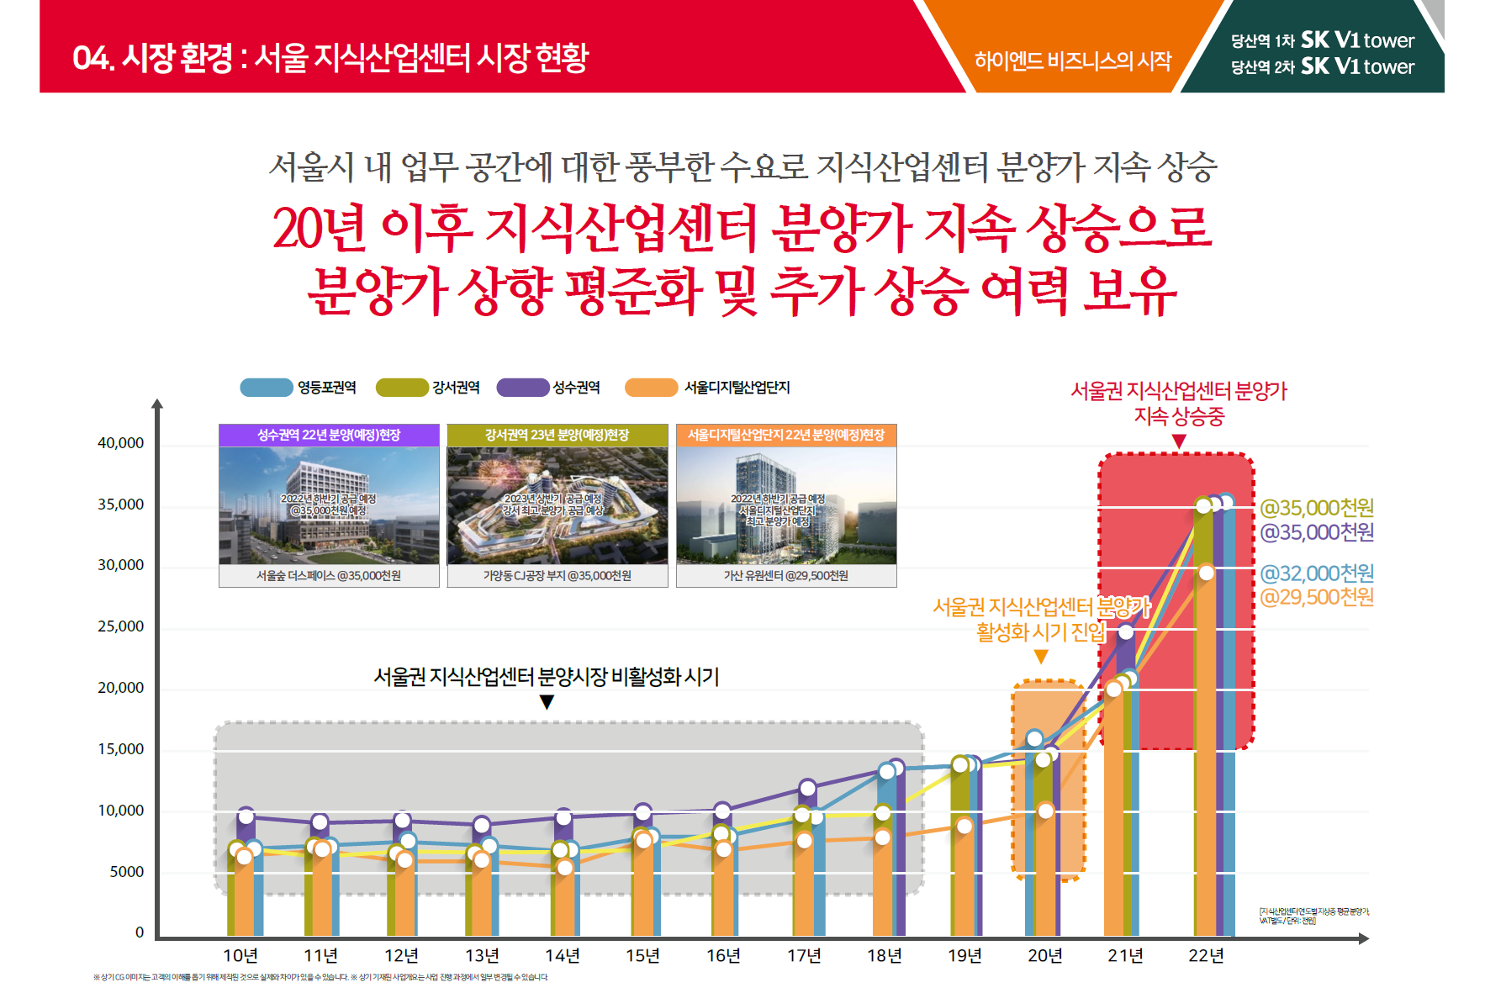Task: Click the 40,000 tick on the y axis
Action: pos(120,443)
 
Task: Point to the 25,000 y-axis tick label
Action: pos(120,626)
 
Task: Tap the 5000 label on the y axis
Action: pos(126,872)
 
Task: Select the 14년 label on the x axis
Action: pos(562,956)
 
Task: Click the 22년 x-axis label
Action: pos(1206,956)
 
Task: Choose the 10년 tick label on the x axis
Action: pos(240,956)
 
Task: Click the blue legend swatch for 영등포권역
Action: pos(266,388)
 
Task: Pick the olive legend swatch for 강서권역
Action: pos(402,388)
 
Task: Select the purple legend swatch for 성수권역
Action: pos(522,388)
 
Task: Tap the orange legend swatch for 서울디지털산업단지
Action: pos(651,388)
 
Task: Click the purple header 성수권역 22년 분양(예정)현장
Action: pos(329,435)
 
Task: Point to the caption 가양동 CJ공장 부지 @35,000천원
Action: pos(557,576)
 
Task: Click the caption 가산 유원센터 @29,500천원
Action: pos(786,576)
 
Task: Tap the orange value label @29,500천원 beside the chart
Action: pos(1317,597)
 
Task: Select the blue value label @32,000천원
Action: pos(1317,573)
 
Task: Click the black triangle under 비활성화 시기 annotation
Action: pos(547,702)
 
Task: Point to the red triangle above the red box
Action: pos(1179,441)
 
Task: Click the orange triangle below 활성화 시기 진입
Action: pos(1041,657)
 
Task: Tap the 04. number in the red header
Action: pos(92,58)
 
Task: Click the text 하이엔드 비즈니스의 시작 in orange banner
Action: pos(1073,61)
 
